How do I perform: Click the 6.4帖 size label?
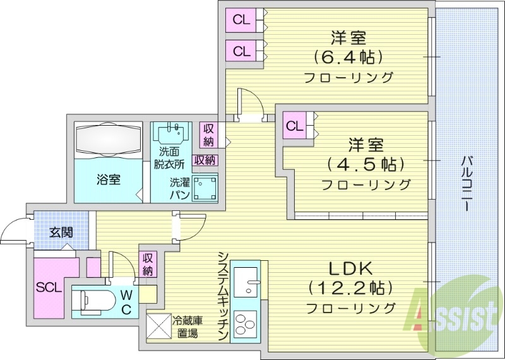click(x=348, y=57)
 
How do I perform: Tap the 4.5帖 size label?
click(x=365, y=165)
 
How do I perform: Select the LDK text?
click(x=350, y=268)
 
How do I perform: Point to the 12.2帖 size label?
click(x=350, y=288)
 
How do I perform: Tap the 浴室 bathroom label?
click(x=109, y=179)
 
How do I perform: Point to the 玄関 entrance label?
click(x=61, y=232)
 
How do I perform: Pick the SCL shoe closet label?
click(x=49, y=287)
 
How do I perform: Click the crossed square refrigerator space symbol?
click(x=158, y=327)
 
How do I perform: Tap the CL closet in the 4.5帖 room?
click(x=295, y=125)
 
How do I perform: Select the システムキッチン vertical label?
click(x=223, y=297)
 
